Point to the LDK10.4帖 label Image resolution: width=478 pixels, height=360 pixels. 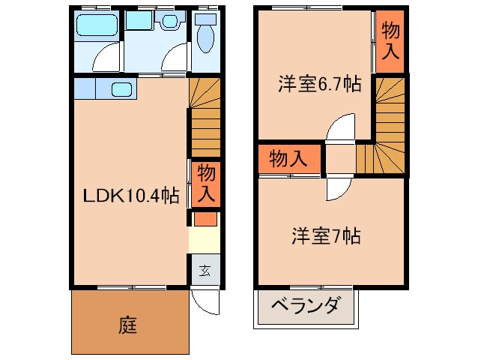click(130, 196)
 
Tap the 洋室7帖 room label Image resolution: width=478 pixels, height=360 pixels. click(326, 236)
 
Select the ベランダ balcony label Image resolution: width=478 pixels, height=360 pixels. click(306, 307)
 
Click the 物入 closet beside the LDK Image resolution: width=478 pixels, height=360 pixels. click(205, 184)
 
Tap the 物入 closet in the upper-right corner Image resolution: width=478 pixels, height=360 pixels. click(390, 41)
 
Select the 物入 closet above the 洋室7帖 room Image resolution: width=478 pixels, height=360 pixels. click(288, 159)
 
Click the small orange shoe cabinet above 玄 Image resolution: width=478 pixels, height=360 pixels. click(204, 220)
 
